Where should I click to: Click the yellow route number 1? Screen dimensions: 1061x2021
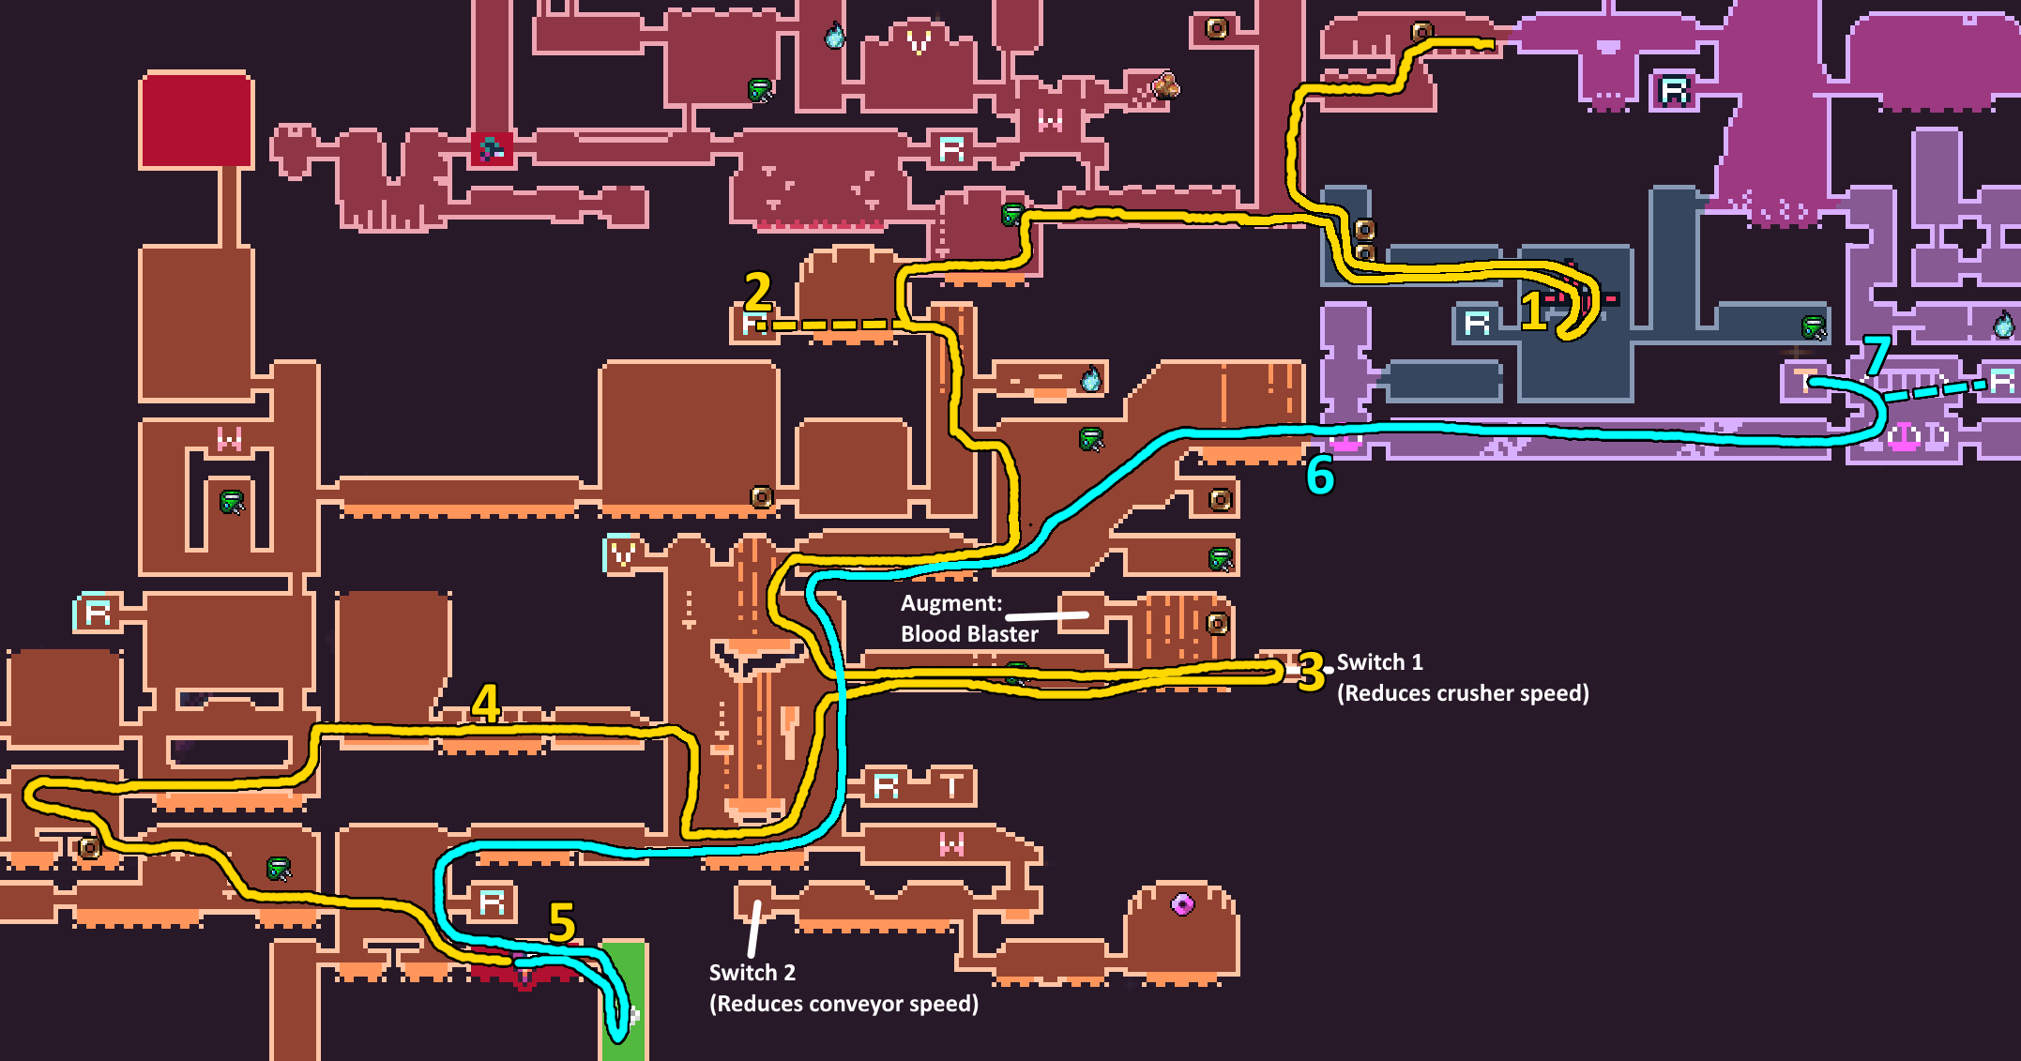coord(1533,311)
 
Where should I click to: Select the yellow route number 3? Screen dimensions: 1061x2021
coord(1311,672)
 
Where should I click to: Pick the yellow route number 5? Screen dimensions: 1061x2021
coord(561,921)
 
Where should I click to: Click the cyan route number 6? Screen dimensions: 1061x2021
coord(1320,476)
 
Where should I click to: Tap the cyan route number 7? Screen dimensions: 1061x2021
coord(1876,355)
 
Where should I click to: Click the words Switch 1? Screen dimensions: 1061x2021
coord(1379,662)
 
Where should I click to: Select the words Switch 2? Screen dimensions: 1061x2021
coord(752,973)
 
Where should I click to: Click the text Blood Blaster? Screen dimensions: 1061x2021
coord(969,634)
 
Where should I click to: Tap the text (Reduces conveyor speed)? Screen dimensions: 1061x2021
coord(843,1004)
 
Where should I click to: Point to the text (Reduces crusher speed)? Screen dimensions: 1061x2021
coord(1463,693)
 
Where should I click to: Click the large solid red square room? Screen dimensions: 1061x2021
coord(196,120)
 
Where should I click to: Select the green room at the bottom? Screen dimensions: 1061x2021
coord(624,999)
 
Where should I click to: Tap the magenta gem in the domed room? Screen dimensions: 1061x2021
coord(1182,904)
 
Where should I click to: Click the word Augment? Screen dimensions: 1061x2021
coord(951,603)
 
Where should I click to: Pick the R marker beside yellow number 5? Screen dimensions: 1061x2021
coord(493,902)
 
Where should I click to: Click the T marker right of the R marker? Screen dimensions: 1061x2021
coord(952,785)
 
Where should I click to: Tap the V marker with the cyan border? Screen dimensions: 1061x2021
coord(621,554)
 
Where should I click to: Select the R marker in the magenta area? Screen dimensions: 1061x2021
coord(1674,90)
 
